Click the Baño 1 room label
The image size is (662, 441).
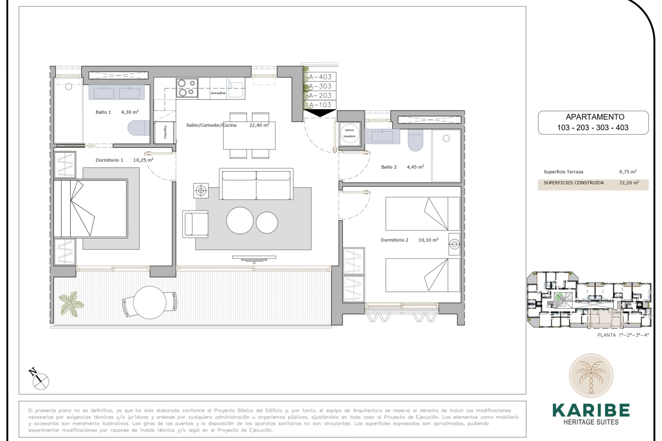click(103, 112)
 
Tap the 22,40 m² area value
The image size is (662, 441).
click(259, 125)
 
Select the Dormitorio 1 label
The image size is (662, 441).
click(109, 160)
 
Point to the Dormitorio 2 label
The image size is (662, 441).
click(394, 240)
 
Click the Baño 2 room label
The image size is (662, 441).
click(389, 167)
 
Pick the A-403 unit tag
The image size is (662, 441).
click(320, 77)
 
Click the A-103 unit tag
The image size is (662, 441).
click(320, 105)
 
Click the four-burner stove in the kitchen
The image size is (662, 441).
click(187, 88)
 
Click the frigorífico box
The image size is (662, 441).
click(165, 132)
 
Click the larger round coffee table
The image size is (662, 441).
click(240, 220)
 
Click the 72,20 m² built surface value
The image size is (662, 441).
click(629, 183)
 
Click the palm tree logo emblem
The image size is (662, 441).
click(591, 376)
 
